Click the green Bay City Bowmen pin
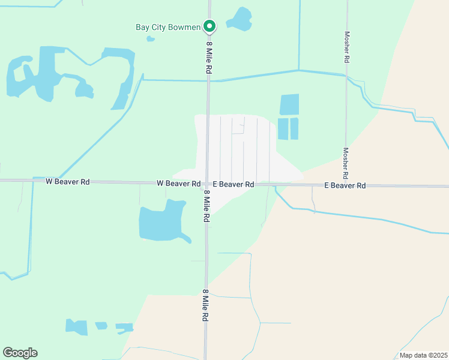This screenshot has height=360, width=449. tap(209, 26)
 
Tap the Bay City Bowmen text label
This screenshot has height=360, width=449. tap(168, 27)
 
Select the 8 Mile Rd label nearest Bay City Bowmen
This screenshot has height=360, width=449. tap(209, 57)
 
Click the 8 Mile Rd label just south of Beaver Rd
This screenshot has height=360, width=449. tap(206, 207)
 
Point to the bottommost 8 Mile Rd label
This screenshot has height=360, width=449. tap(205, 305)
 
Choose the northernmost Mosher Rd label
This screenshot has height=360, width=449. tap(346, 47)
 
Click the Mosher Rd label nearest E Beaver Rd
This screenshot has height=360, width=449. tap(345, 164)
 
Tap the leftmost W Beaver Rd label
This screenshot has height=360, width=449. tap(67, 181)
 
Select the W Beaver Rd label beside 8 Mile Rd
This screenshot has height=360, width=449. tap(178, 183)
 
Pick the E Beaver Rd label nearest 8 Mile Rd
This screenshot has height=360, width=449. tap(234, 184)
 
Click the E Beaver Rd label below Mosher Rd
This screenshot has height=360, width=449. tap(345, 185)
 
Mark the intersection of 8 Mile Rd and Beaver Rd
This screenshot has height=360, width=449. tap(207, 184)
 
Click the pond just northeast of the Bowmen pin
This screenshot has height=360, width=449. tap(241, 19)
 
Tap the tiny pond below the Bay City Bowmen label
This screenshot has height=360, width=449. tap(151, 39)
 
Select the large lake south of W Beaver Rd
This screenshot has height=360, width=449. tap(161, 221)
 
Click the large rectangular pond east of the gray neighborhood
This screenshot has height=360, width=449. tap(289, 104)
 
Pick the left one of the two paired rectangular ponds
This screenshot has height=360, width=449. tap(283, 129)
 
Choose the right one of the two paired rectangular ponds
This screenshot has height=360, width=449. tap(294, 129)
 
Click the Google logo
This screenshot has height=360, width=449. tap(20, 353)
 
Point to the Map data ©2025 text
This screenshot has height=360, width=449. tap(423, 355)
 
